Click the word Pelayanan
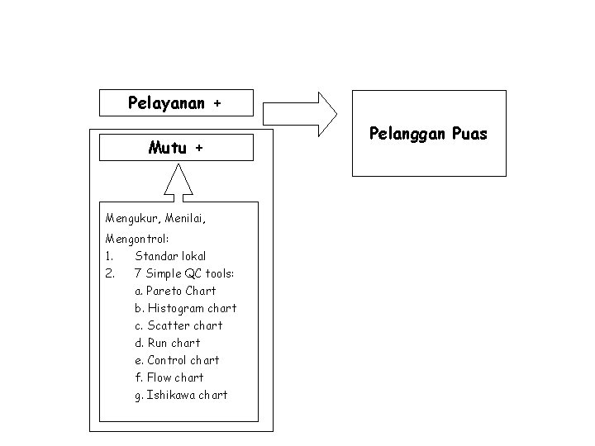(167, 104)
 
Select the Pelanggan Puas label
(428, 133)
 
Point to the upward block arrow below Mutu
(178, 182)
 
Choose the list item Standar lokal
(170, 255)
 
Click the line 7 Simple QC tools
(184, 273)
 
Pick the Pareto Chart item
(175, 290)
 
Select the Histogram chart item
(185, 307)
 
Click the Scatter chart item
(178, 325)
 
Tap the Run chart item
(167, 342)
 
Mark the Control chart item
(177, 359)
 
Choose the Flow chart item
(169, 377)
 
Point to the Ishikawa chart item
(181, 394)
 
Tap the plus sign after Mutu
(199, 149)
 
